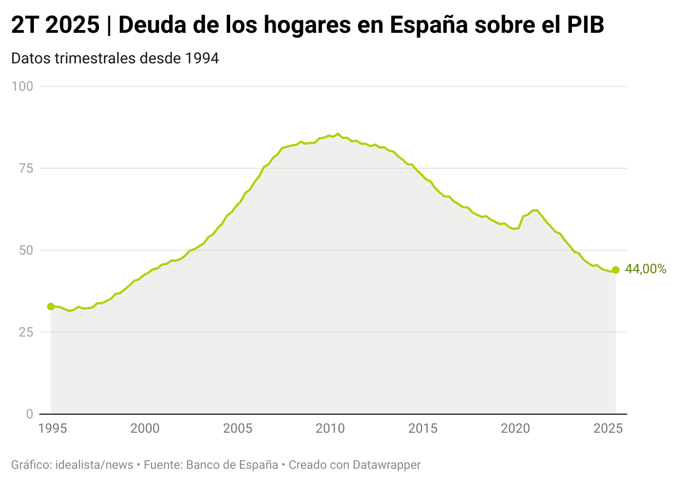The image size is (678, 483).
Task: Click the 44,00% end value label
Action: (645, 269)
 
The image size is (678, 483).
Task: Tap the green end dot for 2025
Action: (616, 270)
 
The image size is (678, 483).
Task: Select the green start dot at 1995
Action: (51, 307)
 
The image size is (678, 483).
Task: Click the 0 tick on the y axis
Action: (30, 414)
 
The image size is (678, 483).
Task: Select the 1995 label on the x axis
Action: (52, 428)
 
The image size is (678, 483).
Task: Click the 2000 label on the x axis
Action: (145, 428)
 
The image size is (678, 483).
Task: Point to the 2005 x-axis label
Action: (237, 428)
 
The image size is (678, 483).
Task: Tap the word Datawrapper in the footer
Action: (387, 465)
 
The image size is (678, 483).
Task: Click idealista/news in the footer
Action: (93, 465)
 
